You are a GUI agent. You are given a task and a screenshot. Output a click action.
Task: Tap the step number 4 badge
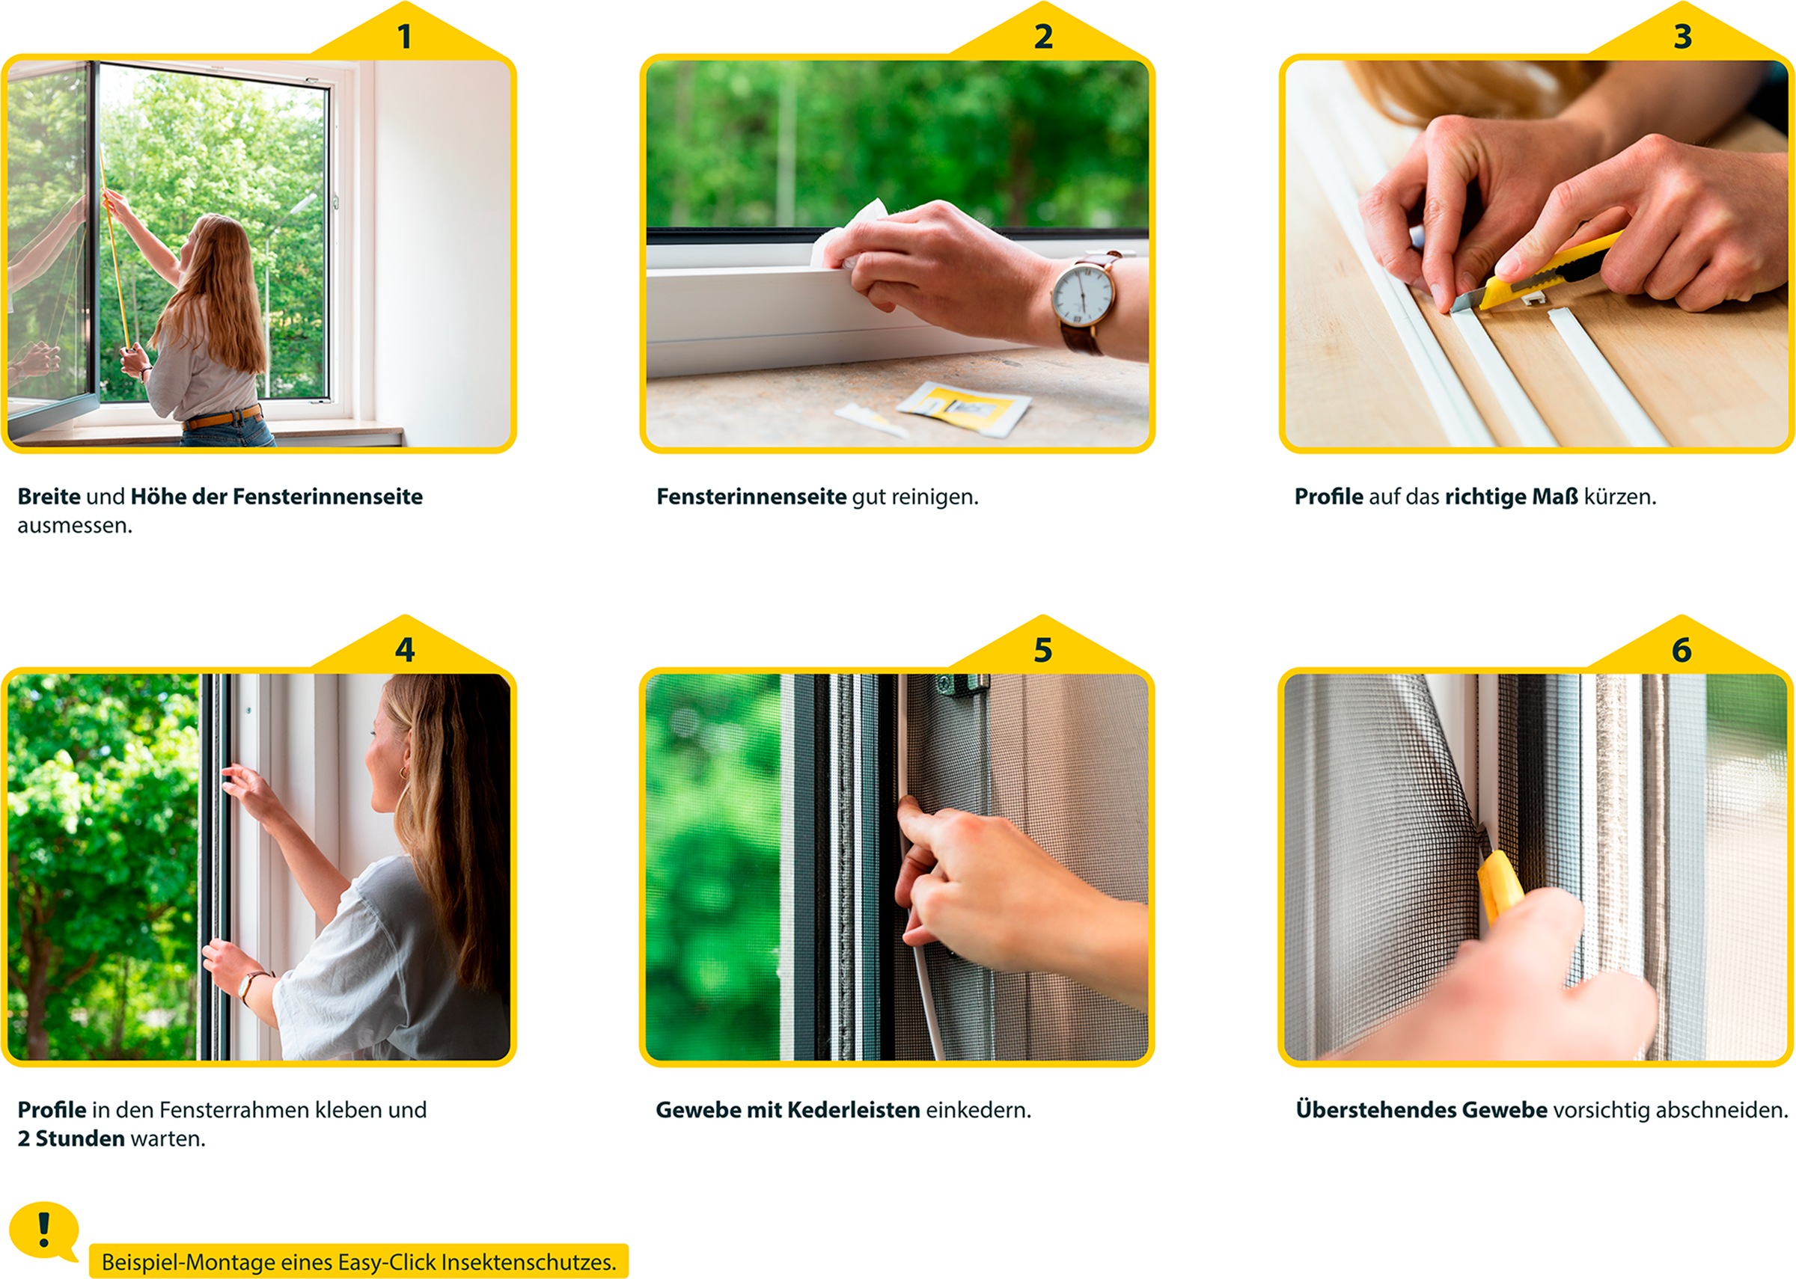coord(404,650)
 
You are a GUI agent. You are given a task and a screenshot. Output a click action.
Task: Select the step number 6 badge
coord(1681,650)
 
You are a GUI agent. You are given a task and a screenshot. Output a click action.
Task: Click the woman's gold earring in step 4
coord(405,772)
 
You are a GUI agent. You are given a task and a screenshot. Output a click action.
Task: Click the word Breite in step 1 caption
coord(49,497)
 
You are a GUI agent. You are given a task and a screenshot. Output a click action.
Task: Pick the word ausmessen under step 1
coord(74,526)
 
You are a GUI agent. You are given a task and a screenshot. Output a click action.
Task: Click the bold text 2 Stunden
coord(71,1139)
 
